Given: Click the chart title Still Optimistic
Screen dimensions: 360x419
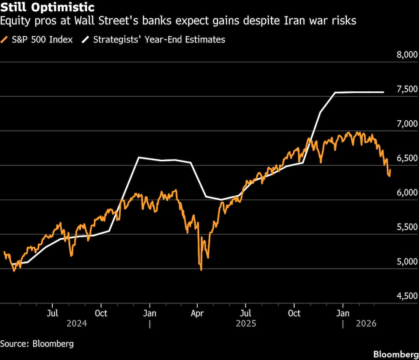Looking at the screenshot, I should coord(47,8).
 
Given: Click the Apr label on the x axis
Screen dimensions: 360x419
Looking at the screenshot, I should coord(197,313).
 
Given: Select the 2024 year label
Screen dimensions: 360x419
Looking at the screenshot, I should coord(76,324).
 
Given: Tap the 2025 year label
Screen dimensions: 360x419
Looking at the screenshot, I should coord(246,324).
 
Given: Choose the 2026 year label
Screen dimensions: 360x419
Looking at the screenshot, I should coord(366,324).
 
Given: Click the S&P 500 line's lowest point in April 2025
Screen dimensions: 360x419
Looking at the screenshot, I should coord(201,269).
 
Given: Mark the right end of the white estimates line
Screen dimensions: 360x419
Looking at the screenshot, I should coord(384,92).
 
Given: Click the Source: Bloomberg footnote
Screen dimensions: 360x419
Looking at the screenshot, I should coord(37,344).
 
